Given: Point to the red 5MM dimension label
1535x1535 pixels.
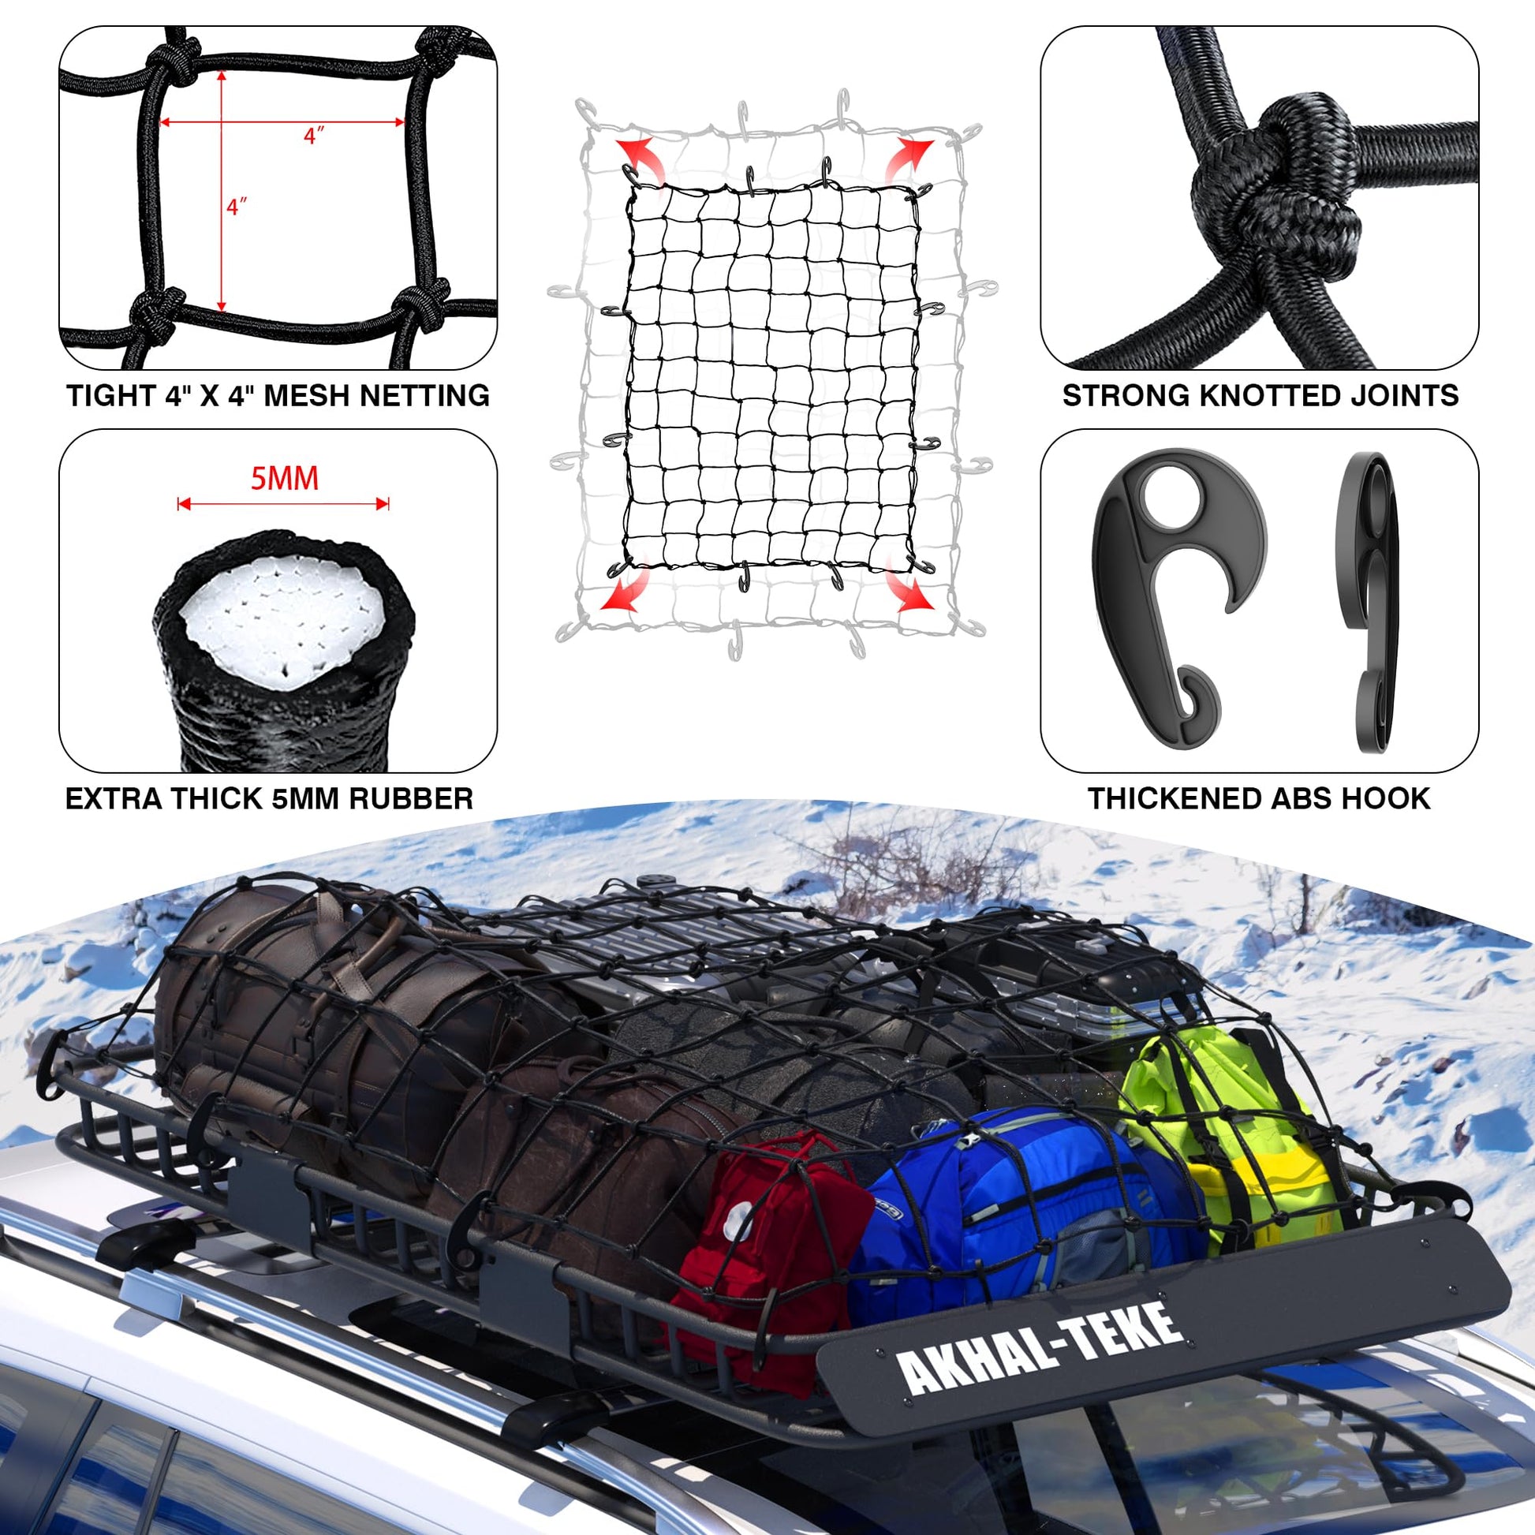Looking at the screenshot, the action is (285, 479).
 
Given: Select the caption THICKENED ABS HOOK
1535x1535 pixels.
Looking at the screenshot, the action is (1259, 798).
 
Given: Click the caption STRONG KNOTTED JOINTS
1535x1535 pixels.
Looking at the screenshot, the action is (1260, 396).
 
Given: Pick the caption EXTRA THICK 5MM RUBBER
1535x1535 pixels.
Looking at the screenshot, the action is (269, 798).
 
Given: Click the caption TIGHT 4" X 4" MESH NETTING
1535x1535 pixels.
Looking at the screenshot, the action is (278, 396).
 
